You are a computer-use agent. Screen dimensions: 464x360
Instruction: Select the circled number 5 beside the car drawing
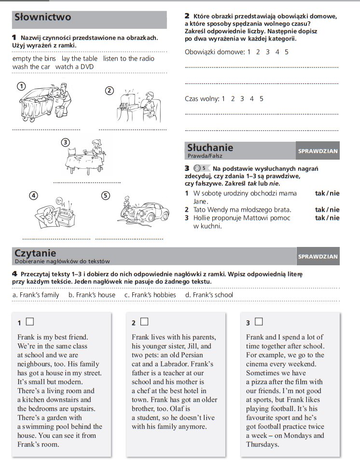[x=106, y=195]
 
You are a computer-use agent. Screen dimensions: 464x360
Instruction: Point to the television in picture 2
[x=128, y=100]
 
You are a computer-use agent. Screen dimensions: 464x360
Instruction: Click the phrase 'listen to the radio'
[x=129, y=58]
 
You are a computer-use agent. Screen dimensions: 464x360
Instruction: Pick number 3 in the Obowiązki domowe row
[x=267, y=52]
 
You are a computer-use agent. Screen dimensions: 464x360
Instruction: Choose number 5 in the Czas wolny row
[x=262, y=99]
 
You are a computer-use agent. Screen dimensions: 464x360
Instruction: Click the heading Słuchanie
[x=210, y=148]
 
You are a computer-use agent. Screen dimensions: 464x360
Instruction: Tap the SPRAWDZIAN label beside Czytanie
[x=318, y=257]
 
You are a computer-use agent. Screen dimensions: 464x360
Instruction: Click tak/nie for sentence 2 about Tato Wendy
[x=327, y=210]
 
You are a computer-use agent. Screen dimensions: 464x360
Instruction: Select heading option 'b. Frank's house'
[x=92, y=295]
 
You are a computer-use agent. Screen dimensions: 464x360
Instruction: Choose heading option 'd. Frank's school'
[x=209, y=295]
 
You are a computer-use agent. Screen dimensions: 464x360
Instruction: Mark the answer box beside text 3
[x=258, y=321]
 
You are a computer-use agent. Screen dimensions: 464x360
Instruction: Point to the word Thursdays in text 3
[x=263, y=444]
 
